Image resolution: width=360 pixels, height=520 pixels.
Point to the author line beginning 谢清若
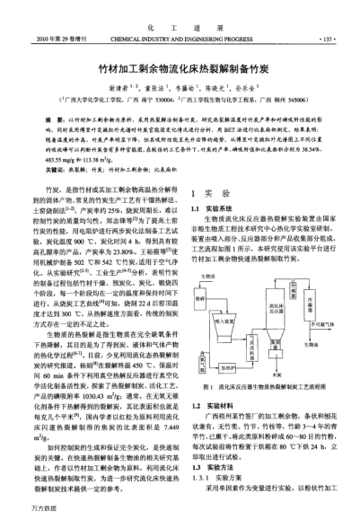(x=180, y=92)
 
